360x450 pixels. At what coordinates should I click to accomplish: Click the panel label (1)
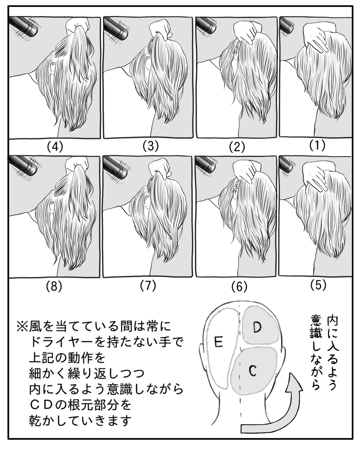click(x=317, y=146)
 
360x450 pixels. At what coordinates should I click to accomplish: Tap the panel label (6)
click(x=239, y=287)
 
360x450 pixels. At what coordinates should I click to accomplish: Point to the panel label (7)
click(x=148, y=286)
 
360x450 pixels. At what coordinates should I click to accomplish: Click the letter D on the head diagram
click(x=257, y=327)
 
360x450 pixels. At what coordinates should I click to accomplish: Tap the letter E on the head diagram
click(x=219, y=342)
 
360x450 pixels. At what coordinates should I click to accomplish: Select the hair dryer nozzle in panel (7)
click(x=116, y=168)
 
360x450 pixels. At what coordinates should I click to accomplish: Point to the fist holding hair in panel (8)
click(x=76, y=165)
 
